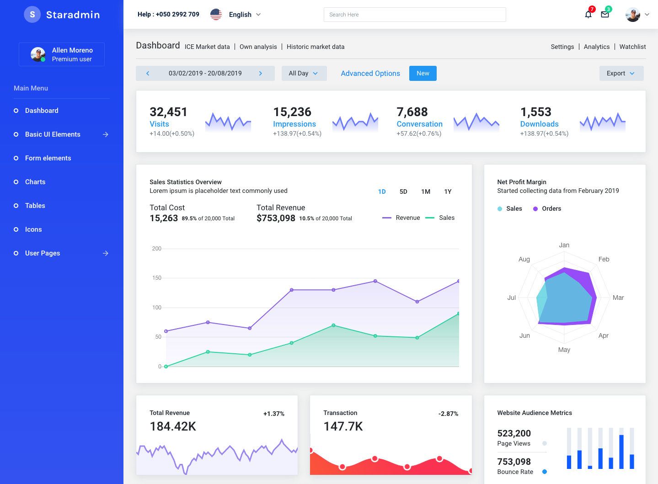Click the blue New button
[423, 73]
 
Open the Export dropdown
[621, 73]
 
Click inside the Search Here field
[414, 15]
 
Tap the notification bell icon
[588, 15]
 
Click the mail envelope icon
[605, 15]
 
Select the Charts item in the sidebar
[35, 182]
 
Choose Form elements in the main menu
[48, 158]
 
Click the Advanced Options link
[370, 73]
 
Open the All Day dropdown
[304, 73]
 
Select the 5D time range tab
[403, 191]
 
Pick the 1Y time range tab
[448, 191]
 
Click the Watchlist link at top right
[632, 47]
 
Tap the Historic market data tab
[316, 47]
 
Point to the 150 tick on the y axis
[157, 278]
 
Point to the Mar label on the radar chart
[618, 298]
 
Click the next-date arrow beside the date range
[261, 73]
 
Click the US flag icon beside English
[216, 15]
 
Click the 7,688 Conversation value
[412, 112]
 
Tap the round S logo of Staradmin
[32, 15]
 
